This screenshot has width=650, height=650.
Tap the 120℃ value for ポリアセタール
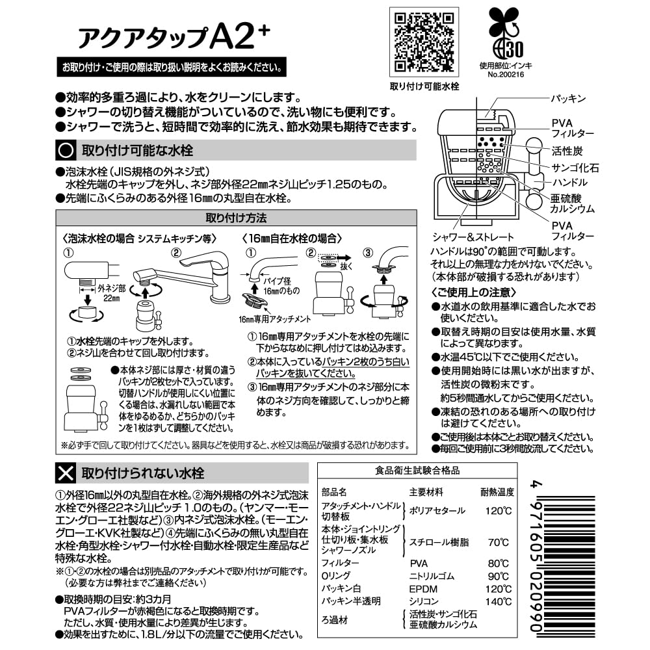click(x=497, y=510)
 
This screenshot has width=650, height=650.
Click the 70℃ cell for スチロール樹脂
click(x=499, y=541)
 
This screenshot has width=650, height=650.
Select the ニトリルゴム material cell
click(x=432, y=576)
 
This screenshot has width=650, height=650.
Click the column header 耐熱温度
click(x=497, y=491)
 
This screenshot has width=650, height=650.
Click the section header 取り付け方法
click(x=235, y=217)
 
